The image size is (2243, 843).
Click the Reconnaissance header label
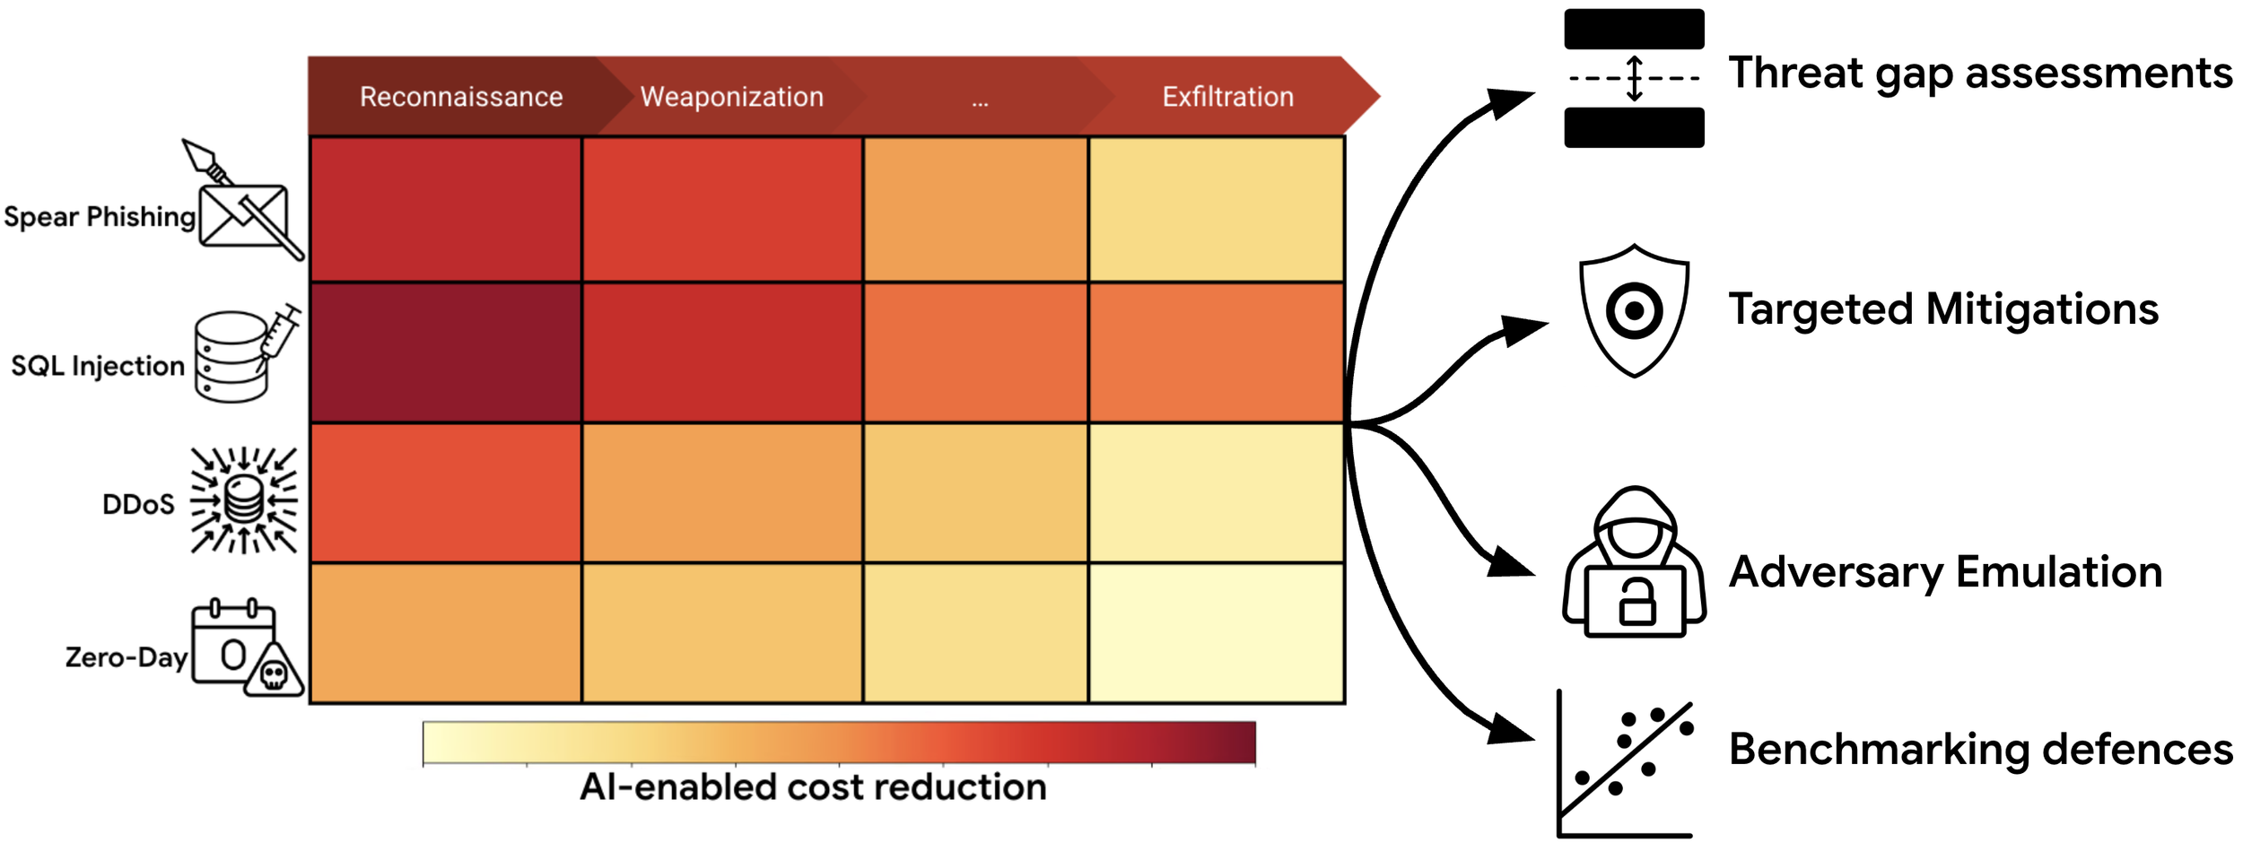[461, 97]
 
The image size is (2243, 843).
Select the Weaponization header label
[731, 97]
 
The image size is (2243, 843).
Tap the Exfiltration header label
[1227, 97]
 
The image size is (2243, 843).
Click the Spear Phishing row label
[99, 217]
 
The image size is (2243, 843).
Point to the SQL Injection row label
[97, 366]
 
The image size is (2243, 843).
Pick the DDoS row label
[138, 505]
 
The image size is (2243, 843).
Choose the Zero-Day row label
[126, 657]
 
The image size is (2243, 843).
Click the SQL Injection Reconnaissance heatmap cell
[446, 352]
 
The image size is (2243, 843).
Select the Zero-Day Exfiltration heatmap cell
[1216, 633]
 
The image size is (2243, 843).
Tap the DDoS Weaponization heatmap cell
[722, 493]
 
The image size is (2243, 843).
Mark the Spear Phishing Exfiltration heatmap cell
[1216, 209]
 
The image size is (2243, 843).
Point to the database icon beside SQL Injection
[231, 357]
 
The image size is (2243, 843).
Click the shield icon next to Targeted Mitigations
[1634, 310]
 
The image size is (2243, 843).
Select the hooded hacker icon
[1634, 563]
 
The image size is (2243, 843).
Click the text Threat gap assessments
[1979, 74]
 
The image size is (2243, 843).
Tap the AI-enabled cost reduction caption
[813, 787]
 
